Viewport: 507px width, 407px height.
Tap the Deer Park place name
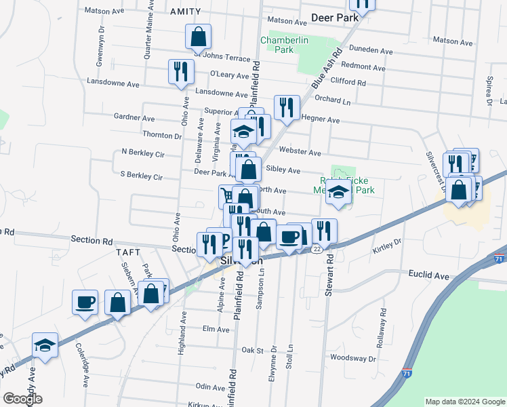334,17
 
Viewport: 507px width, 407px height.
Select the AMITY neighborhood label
186,12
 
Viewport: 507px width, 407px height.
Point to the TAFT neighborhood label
127,252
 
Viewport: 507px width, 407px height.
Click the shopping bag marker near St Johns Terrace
199,36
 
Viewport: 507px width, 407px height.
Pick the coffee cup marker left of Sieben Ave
85,302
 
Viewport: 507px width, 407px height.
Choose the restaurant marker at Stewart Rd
325,231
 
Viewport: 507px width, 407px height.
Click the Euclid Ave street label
429,276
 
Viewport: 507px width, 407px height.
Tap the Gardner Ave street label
130,117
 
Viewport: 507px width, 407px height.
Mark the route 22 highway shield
317,250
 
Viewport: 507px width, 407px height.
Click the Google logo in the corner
23,399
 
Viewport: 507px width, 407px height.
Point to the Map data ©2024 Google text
464,402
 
